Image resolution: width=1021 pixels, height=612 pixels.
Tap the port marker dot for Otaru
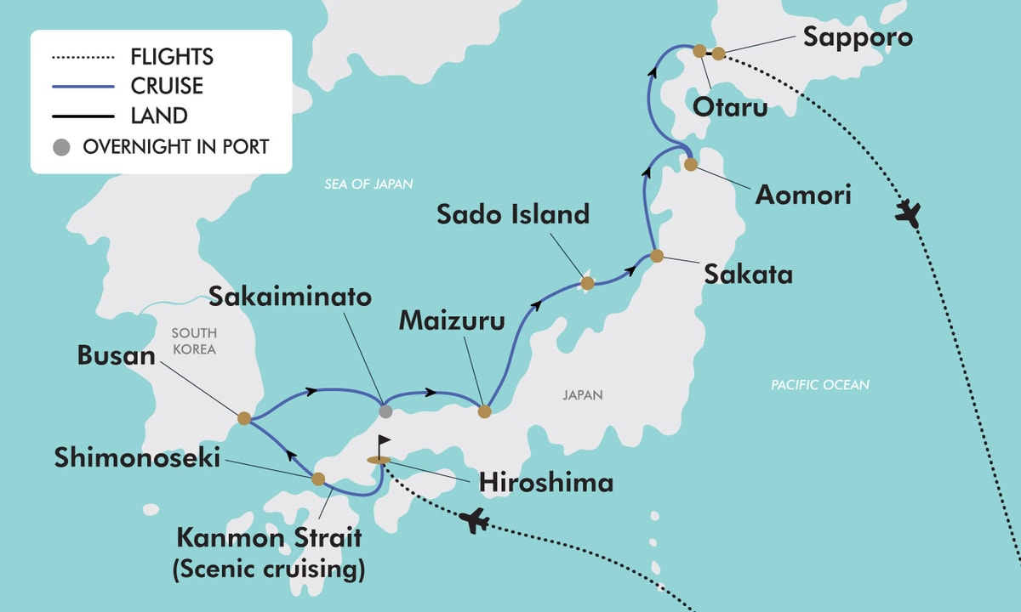[699, 51]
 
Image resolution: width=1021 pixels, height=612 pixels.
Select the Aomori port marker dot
[690, 164]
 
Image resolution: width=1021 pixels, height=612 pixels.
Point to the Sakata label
[750, 275]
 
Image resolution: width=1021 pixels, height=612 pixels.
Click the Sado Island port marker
[586, 283]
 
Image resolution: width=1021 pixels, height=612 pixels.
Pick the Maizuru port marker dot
[484, 411]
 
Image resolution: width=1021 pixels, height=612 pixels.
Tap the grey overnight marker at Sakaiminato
[385, 411]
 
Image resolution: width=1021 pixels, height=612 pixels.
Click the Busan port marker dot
[244, 418]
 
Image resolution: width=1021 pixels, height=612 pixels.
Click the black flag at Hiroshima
[384, 445]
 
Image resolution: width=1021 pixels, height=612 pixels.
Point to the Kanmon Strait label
[269, 538]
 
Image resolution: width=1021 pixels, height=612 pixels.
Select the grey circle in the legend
[61, 147]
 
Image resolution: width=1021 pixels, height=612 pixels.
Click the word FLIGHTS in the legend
[172, 58]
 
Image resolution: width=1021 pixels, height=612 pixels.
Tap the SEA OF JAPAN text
[368, 184]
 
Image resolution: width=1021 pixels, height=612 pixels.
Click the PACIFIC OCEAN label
[820, 385]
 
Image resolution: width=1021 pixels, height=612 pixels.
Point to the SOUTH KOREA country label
[193, 341]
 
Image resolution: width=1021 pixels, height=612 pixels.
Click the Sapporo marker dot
[718, 54]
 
